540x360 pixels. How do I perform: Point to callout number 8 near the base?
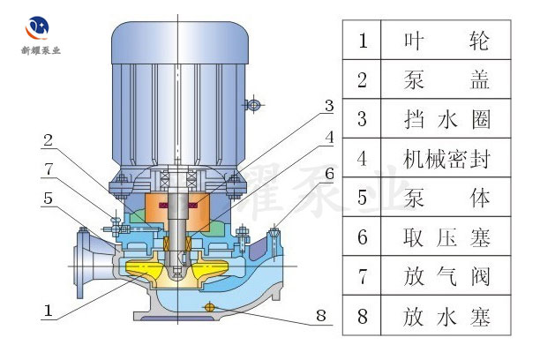click(321, 313)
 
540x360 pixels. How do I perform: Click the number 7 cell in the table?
click(361, 275)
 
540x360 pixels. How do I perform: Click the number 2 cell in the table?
click(361, 79)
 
